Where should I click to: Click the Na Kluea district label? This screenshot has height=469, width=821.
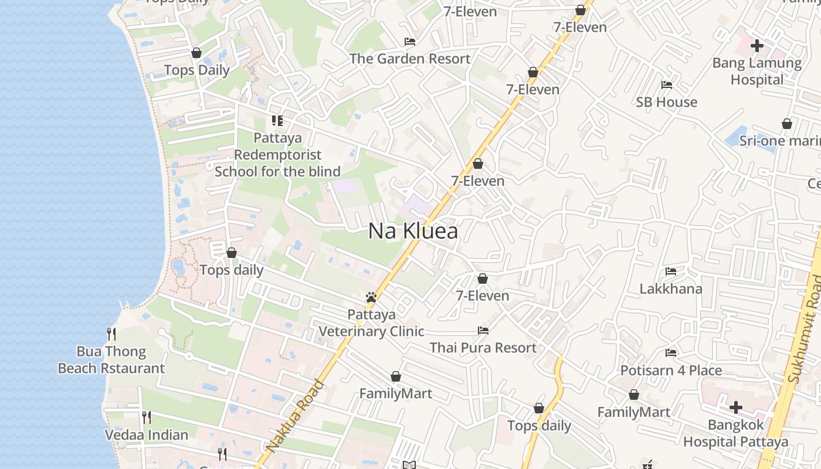413,232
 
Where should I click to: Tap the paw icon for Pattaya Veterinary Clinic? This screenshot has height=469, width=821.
371,297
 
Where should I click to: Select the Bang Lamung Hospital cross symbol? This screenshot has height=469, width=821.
756,45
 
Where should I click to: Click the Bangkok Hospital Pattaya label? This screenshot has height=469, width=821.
736,433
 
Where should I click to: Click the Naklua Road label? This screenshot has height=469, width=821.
294,416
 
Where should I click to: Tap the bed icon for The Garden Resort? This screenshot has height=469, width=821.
410,42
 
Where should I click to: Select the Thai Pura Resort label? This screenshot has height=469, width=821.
483,348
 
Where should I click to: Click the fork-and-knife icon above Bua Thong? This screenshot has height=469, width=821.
111,334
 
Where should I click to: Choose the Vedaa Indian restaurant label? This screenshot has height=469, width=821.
146,435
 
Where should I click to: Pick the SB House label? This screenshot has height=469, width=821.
667,102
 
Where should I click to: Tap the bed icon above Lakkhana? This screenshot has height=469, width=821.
671,271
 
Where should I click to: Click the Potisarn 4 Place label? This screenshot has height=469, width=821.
671,371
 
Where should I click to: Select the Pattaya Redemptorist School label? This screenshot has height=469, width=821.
277,155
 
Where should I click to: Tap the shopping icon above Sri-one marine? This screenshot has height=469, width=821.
787,124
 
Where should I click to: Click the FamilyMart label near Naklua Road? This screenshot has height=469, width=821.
395,393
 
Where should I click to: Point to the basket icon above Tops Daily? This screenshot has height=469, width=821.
196,53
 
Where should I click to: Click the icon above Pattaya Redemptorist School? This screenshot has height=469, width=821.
277,121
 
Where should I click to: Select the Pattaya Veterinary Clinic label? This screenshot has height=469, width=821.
371,323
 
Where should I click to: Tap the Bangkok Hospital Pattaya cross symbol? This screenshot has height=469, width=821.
736,407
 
